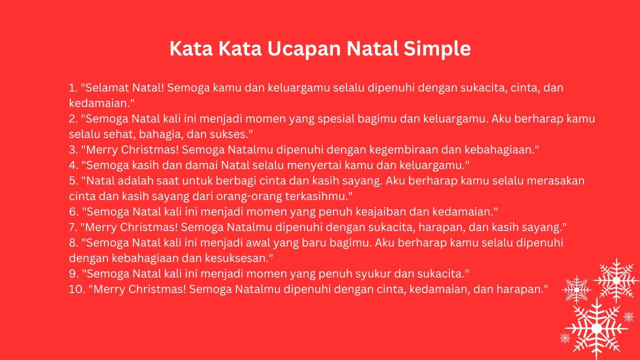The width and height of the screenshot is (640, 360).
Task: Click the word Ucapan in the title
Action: tap(304, 48)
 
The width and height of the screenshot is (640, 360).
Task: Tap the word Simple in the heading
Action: tap(437, 48)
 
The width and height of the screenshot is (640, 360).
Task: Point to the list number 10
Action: tap(77, 289)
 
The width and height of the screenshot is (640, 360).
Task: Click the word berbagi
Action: tap(236, 181)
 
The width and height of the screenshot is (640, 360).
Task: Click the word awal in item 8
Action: tap(258, 243)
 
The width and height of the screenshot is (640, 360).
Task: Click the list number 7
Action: tap(73, 227)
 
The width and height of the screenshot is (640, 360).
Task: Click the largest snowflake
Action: tap(596, 328)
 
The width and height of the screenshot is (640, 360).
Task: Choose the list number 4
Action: tap(73, 165)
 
